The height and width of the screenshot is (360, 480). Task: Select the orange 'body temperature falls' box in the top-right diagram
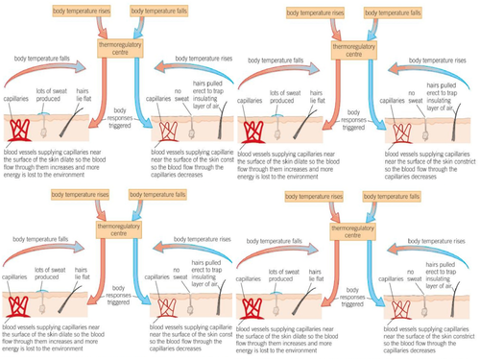click(394, 9)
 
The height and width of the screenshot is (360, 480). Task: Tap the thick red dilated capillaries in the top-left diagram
click(21, 131)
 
